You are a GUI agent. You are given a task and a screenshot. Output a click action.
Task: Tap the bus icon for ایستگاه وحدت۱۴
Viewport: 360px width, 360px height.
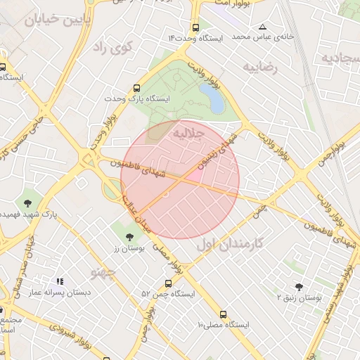tap(195, 26)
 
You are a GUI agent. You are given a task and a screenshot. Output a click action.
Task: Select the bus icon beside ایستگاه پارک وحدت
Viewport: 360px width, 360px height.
tap(136, 89)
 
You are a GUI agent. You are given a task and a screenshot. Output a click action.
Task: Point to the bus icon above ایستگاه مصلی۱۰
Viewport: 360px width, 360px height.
tap(223, 314)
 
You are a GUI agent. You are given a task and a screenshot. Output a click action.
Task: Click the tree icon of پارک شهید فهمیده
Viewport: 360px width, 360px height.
tap(27, 202)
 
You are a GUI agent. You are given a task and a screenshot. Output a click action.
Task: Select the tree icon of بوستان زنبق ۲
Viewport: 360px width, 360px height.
tap(300, 287)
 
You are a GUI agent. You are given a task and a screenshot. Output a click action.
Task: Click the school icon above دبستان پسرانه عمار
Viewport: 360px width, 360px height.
tap(60, 281)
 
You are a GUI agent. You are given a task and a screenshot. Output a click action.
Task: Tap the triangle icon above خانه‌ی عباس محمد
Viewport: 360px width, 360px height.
tap(262, 25)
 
